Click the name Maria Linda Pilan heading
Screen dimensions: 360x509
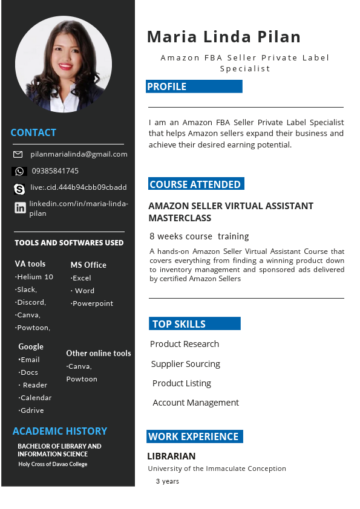pos(224,37)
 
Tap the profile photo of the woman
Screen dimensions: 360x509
pos(64,64)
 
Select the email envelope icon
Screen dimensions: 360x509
pos(18,154)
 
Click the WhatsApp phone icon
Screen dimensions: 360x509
pos(19,171)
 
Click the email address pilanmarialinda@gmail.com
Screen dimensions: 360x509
pos(79,154)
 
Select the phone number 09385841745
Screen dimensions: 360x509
pos(55,171)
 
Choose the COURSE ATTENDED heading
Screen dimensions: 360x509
pos(195,184)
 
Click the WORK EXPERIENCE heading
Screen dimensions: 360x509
pos(194,436)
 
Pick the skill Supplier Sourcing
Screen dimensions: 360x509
pos(185,364)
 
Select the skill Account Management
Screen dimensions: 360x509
pos(195,403)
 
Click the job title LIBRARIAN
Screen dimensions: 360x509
pos(171,456)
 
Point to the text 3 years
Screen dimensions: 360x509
pos(167,481)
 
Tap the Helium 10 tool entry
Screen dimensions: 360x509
pos(35,277)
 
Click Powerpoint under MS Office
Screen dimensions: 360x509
pos(93,303)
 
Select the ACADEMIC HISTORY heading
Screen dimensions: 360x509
pos(60,431)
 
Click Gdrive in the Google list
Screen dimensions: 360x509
pos(31,410)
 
